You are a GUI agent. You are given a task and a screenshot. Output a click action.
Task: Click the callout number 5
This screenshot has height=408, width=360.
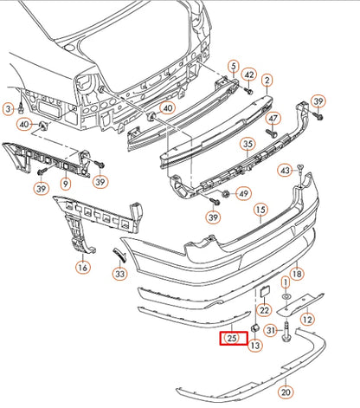point(233,67)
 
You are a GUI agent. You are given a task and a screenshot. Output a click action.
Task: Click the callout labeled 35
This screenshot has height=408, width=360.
point(247,144)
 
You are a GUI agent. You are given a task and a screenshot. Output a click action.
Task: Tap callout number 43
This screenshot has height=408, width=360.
point(285,171)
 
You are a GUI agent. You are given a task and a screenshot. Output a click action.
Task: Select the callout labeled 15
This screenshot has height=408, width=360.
point(259,210)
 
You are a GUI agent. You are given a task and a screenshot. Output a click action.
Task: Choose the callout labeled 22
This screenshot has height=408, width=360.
point(264,309)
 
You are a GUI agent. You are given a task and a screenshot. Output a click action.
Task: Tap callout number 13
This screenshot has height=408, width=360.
point(255,346)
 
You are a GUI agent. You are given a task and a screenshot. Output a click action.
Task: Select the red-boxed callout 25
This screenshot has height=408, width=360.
point(231,338)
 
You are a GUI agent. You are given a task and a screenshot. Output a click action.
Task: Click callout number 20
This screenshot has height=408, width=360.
point(286,392)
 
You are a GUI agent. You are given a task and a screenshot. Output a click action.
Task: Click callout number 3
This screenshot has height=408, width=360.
point(9,108)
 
